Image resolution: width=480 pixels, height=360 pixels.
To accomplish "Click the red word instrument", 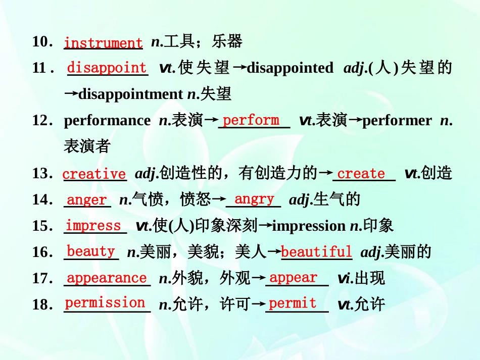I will (103, 43).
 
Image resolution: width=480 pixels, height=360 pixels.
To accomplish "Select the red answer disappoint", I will (107, 68).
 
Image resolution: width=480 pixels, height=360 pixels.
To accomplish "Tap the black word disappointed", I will (290, 68).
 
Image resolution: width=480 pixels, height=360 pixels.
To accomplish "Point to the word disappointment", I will (130, 94).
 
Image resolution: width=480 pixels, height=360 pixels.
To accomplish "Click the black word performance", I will (107, 121).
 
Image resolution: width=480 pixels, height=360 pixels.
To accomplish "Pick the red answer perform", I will (251, 120).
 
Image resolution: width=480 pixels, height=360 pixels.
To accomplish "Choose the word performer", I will (397, 121).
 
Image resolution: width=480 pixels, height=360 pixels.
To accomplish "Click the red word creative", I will (94, 174).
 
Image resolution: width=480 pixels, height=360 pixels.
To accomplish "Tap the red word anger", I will (87, 200).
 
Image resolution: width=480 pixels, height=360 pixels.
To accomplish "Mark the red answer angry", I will (254, 199).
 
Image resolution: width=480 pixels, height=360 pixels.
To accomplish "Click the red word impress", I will (93, 226).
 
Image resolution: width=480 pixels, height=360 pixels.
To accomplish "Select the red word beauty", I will (91, 251).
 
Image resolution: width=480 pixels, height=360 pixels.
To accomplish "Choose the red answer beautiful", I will (316, 252).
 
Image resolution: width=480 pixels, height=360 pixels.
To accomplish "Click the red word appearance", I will (107, 278).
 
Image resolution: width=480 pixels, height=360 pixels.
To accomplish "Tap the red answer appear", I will (293, 278).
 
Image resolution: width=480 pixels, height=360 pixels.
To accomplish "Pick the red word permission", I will (105, 303).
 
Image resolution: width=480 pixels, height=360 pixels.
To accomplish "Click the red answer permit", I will (293, 303).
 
